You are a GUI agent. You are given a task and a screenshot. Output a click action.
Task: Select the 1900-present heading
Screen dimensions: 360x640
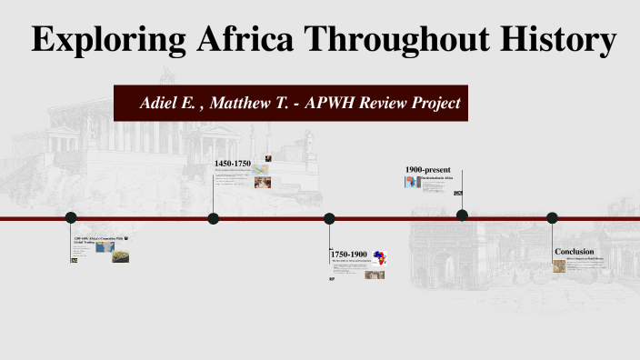[x=428, y=170]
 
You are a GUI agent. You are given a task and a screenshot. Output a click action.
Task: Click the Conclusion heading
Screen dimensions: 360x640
[x=575, y=251]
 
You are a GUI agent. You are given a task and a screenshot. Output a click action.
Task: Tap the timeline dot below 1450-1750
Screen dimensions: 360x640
[x=214, y=218]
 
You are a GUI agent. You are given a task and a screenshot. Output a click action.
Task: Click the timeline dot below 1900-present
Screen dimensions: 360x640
[x=462, y=215]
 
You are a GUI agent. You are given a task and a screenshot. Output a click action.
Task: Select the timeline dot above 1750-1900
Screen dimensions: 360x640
[x=330, y=218]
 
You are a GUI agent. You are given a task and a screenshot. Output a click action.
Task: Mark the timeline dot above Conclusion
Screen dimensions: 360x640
[x=552, y=217]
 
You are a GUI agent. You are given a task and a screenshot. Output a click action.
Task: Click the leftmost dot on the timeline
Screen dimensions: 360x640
[x=71, y=217]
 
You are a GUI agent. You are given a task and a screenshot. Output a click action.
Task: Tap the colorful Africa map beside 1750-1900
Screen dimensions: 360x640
[x=379, y=258]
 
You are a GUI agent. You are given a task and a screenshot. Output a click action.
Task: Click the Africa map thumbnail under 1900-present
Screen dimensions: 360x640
[x=411, y=182]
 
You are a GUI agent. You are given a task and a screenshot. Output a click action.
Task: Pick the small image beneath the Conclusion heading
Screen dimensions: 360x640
[x=560, y=265]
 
